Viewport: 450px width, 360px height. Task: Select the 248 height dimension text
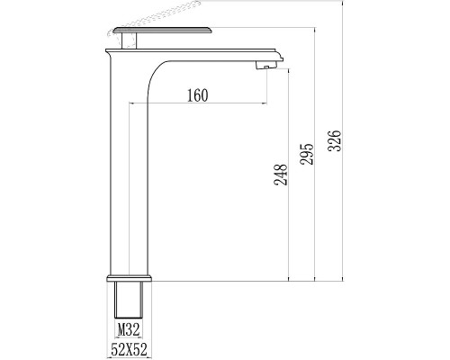tap(279, 173)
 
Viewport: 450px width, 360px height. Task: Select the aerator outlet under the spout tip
tap(265, 64)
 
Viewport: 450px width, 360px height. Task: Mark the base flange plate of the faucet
tap(131, 275)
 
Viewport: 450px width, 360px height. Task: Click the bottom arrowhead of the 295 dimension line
tap(315, 277)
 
